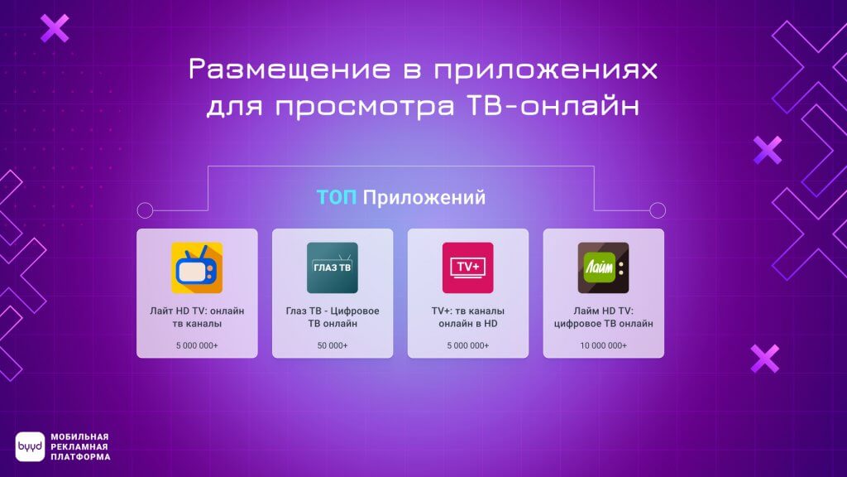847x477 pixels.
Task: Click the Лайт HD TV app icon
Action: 197,267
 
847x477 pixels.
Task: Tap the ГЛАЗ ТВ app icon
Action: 333,267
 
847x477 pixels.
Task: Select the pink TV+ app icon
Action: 468,267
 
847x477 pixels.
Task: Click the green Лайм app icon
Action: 603,267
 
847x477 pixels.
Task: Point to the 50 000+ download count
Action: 333,344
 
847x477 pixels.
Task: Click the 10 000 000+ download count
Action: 603,344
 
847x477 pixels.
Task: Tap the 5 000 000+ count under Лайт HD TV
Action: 197,344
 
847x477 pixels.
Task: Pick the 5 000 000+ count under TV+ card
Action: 468,344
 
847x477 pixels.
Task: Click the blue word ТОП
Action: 337,199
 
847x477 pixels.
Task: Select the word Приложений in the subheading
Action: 424,199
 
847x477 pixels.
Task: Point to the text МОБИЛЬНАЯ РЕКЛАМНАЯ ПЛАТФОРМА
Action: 79,447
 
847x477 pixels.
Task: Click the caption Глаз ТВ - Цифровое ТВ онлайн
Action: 333,316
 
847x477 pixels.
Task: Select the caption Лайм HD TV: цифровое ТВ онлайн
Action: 603,316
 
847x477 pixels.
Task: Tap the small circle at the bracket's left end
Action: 145,210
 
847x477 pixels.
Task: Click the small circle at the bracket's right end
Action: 658,210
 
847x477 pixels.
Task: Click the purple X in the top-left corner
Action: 55,27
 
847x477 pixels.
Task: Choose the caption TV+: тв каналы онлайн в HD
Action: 468,316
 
